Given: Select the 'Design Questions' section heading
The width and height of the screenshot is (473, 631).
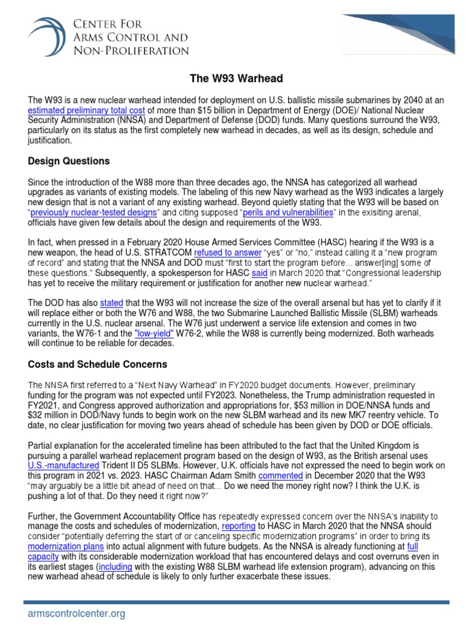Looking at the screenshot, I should click(69, 161).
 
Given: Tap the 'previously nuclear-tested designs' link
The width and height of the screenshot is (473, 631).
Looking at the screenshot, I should click(99, 212).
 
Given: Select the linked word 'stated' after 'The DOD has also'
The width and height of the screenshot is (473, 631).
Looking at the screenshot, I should click(111, 304).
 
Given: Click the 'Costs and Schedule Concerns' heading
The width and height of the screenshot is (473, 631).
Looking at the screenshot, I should click(97, 364).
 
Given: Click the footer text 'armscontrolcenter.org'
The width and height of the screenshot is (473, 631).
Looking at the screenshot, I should click(77, 614).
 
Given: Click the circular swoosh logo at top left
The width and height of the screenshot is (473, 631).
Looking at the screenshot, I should click(47, 36).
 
